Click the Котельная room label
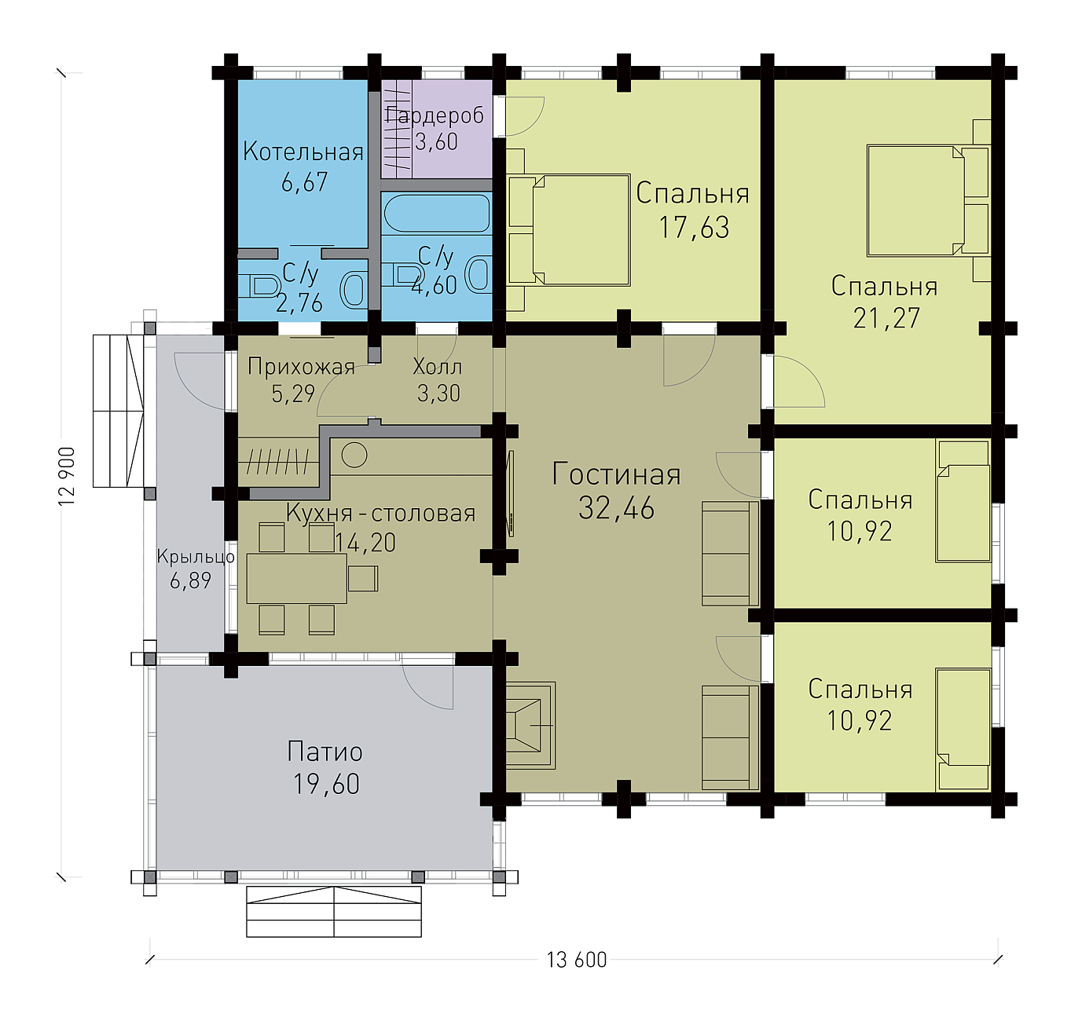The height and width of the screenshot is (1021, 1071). tap(303, 152)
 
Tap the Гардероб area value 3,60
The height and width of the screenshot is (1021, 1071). tap(436, 142)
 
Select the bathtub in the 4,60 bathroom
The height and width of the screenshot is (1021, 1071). tap(436, 214)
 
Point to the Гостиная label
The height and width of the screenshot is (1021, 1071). tap(616, 474)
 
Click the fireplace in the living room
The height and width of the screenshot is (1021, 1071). tap(530, 725)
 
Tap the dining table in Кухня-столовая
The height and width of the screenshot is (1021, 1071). tap(296, 578)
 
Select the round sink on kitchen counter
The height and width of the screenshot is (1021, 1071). tap(354, 455)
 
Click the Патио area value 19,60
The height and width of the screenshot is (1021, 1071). tap(326, 785)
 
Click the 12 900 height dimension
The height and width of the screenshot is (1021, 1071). tap(67, 476)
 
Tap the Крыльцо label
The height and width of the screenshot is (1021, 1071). tap(196, 557)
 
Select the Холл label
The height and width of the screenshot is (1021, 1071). tap(438, 367)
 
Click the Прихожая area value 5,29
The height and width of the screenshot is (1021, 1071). tap(293, 393)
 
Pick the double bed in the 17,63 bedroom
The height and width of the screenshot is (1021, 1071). tap(569, 230)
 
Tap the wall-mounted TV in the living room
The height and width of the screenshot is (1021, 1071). tap(511, 493)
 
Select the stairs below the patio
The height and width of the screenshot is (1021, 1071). tap(334, 912)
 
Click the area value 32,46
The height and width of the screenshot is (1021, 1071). tap(616, 508)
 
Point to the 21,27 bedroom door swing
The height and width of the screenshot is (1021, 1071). tap(798, 381)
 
